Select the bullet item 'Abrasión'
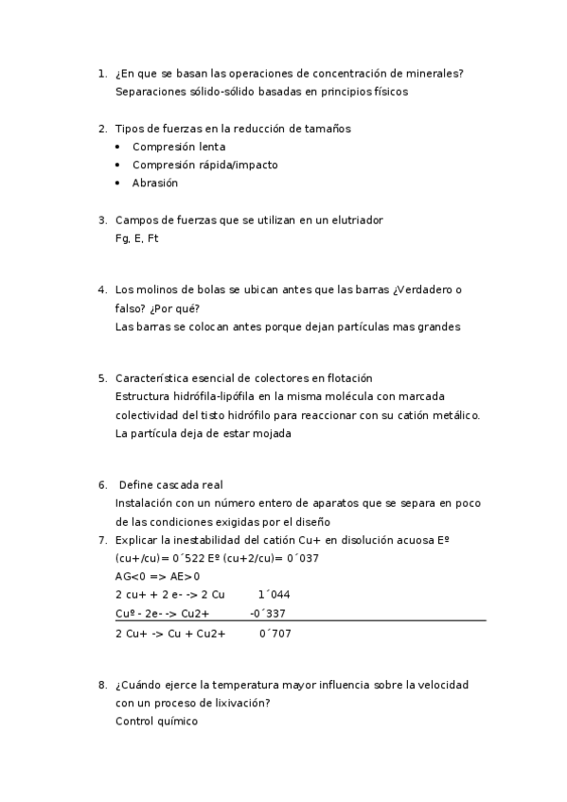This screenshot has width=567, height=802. (155, 183)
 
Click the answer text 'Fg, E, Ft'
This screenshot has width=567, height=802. (136, 238)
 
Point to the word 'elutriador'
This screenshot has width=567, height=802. (354, 220)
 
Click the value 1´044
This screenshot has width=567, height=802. (274, 595)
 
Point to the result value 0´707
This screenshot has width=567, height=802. (275, 633)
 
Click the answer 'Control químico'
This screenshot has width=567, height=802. (156, 721)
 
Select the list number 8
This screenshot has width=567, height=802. (101, 684)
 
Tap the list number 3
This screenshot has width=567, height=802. (101, 220)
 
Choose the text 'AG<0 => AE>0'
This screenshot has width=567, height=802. (157, 576)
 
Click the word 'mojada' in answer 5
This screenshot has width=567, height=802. (270, 433)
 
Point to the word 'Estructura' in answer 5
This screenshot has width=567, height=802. (142, 396)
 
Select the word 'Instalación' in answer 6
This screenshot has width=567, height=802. (144, 503)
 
